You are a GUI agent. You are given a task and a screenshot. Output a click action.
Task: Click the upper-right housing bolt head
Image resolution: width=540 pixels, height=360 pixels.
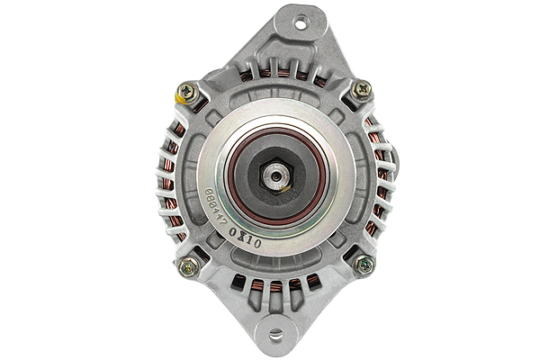pyautogui.click(x=361, y=89)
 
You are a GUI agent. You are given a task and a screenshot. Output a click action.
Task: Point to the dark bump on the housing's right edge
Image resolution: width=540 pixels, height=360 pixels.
pyautogui.click(x=395, y=171)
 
